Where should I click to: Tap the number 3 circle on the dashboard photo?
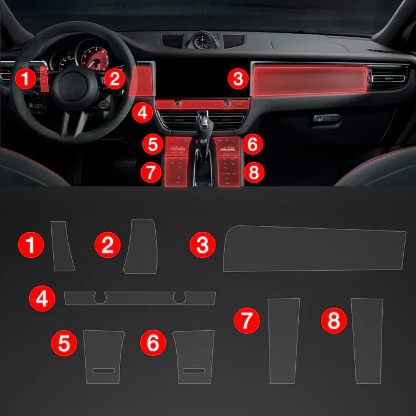237,79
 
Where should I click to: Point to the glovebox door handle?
327,118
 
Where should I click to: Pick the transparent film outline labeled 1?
62,246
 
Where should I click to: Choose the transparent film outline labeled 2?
142,246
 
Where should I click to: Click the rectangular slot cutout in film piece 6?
194,370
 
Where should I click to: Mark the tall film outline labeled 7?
284,341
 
